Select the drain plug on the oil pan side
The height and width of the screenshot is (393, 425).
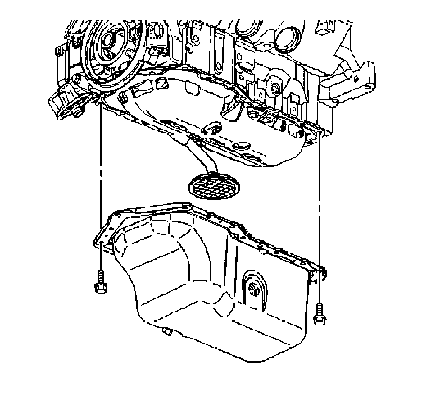pos(252,289)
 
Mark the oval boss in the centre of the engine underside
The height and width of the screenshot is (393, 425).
pos(211,128)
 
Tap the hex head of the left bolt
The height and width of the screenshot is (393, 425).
pos(100,287)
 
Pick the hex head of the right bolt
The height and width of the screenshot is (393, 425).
pos(318,319)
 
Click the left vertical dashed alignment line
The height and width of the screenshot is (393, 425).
pos(101,168)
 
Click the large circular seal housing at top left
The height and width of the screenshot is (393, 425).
pos(111,49)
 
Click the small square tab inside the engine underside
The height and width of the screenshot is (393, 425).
pos(161,84)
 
